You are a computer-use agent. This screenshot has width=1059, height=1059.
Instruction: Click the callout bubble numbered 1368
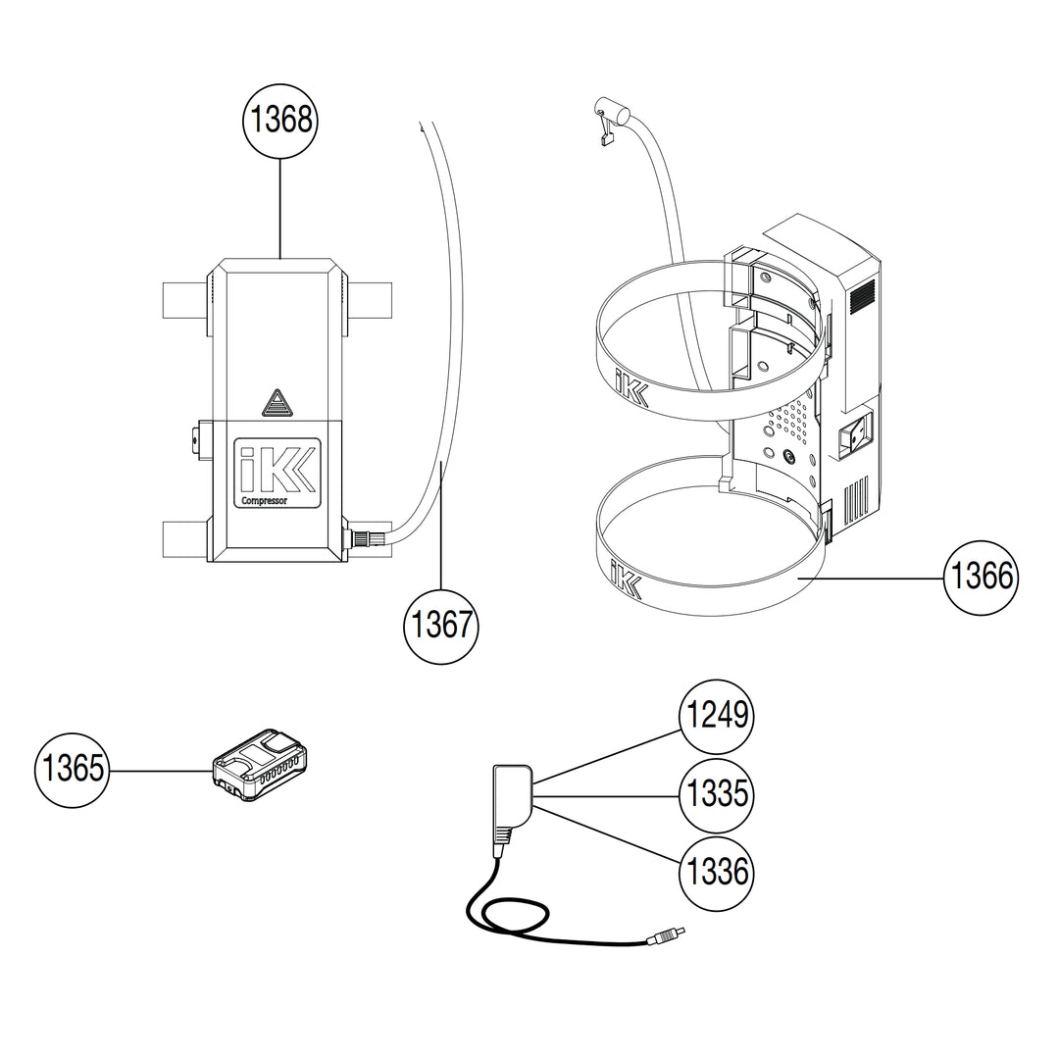[281, 120]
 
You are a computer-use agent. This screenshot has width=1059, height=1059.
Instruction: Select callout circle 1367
[441, 624]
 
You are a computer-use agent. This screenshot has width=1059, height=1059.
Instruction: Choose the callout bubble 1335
[717, 792]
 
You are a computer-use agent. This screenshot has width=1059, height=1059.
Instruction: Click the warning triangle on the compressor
[278, 402]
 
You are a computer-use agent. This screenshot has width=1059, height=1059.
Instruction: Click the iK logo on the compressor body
[277, 468]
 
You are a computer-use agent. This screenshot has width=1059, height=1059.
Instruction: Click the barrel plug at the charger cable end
[666, 937]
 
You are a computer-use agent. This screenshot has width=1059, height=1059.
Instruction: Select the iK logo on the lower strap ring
[625, 579]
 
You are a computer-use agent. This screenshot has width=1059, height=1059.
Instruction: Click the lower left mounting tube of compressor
[183, 537]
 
